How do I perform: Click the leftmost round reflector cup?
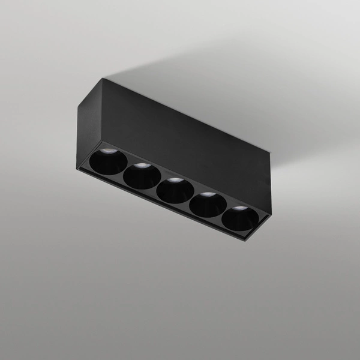click(109, 162)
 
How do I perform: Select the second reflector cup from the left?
click(142, 176)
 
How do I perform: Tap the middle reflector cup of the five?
click(175, 190)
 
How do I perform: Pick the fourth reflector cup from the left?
click(208, 205)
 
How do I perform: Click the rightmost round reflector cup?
click(240, 218)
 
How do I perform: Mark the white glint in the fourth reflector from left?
click(208, 194)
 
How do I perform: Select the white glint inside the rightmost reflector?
click(240, 208)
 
